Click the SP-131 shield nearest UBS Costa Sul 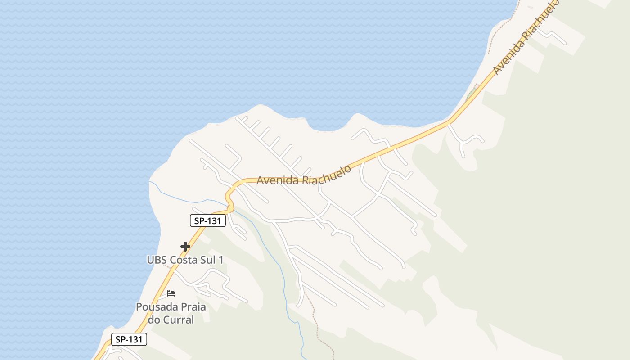(207, 220)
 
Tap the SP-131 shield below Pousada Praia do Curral (129, 339)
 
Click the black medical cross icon (185, 246)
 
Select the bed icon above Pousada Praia (171, 293)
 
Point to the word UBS (157, 260)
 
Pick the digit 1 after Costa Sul (221, 260)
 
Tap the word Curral (178, 320)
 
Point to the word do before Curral (154, 320)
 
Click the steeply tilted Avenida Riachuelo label (526, 37)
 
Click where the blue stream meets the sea (150, 182)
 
